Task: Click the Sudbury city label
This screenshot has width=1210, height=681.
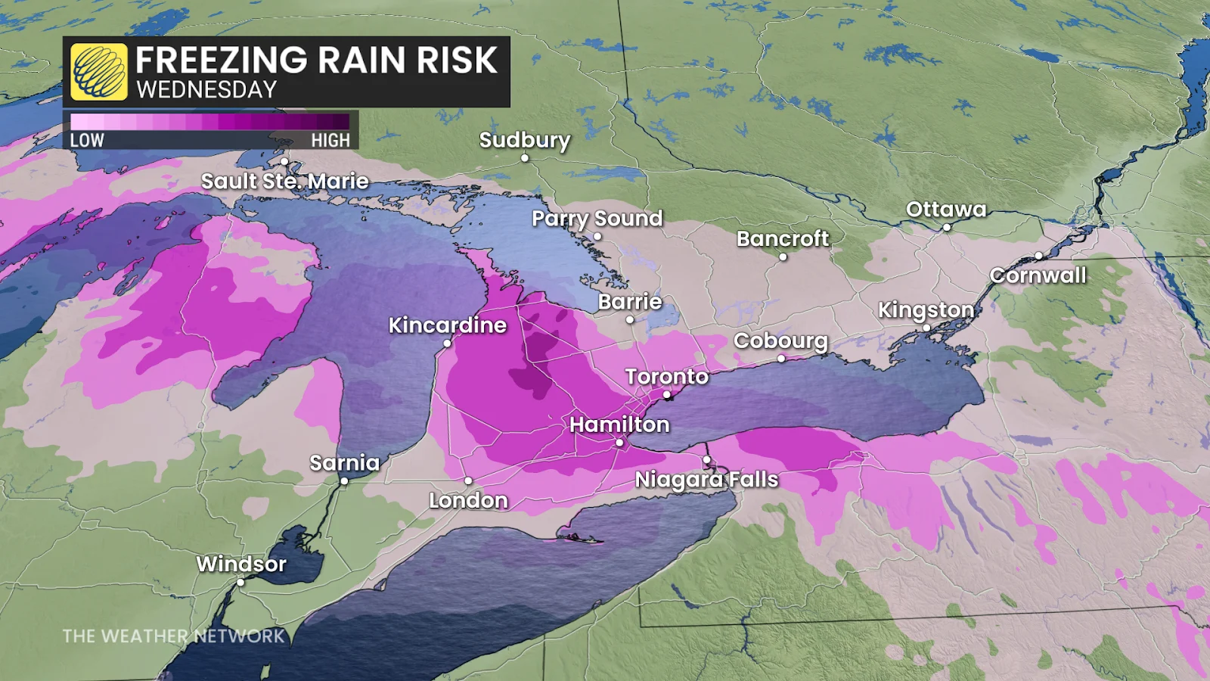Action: point(524,140)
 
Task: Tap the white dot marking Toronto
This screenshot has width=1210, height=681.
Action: point(666,395)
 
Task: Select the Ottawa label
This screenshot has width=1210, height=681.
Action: point(946,210)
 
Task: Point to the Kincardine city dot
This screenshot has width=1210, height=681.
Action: point(447,344)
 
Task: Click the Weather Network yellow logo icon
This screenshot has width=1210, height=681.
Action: point(99,72)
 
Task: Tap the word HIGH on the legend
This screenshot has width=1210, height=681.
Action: point(330,140)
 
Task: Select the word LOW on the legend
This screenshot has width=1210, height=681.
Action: point(87,140)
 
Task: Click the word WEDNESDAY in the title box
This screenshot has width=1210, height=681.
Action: point(206,90)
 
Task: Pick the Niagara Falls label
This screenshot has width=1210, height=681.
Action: point(706,480)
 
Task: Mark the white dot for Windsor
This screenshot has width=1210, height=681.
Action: point(240,583)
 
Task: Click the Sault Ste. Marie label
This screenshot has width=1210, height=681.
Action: point(284,182)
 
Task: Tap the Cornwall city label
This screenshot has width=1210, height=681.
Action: point(1038,275)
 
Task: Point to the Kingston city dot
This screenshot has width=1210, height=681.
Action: point(926,328)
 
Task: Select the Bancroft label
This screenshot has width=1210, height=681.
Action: point(783,239)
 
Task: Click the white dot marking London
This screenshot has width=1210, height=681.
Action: point(468,481)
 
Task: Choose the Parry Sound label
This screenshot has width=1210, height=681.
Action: point(597,219)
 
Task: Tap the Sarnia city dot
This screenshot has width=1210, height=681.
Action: point(344,481)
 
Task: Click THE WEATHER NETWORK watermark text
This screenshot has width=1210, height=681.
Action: point(174,636)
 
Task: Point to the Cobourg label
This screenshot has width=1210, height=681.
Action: point(780,340)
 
